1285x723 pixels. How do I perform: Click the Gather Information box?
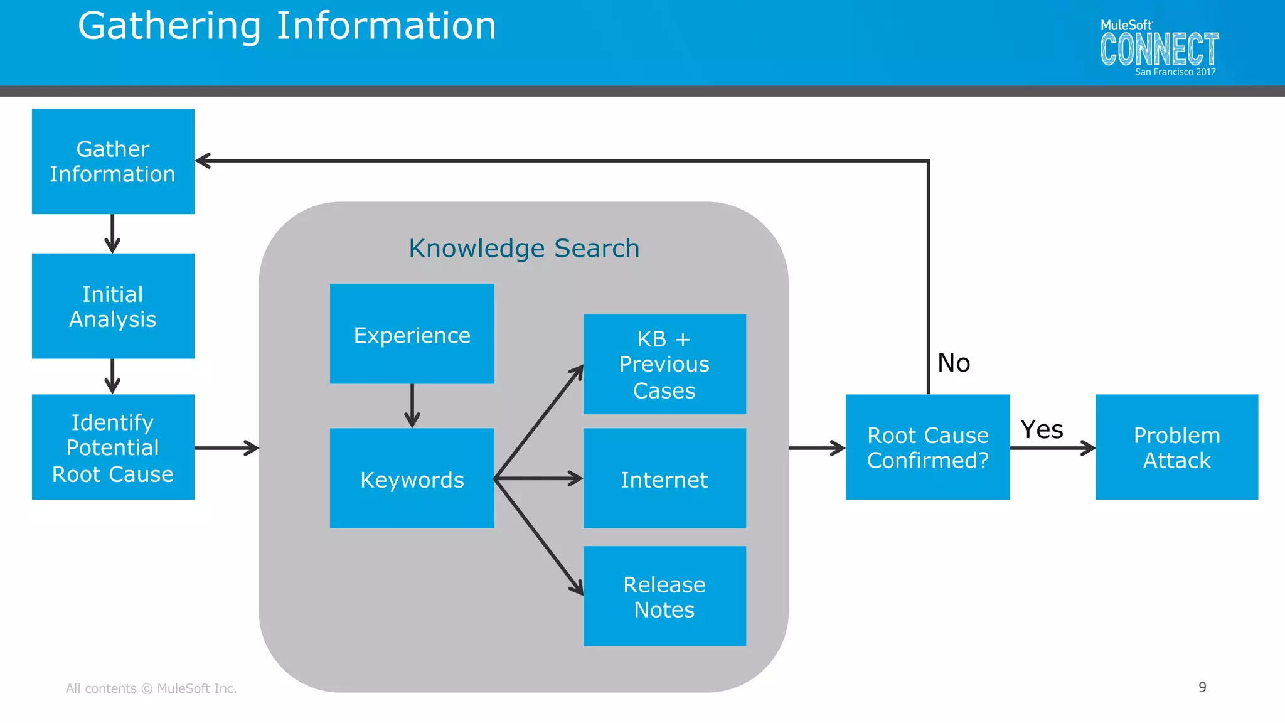[113, 161]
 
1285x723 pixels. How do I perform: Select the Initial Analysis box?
[113, 306]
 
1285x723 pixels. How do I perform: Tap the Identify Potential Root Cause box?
[113, 447]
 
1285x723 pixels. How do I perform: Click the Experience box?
[412, 334]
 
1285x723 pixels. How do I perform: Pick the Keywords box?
[412, 478]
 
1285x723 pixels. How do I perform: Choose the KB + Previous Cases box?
[664, 364]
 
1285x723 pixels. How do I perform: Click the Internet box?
[664, 478]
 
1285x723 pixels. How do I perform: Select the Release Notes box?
[664, 596]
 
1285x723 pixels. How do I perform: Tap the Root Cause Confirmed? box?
[927, 447]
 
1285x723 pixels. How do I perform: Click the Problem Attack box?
[1176, 447]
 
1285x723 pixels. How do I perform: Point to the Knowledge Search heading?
[524, 249]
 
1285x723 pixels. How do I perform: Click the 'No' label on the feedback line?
[953, 363]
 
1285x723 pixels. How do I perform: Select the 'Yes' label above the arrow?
[1042, 430]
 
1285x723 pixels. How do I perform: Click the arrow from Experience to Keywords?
[412, 405]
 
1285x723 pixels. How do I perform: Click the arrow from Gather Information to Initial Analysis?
[112, 233]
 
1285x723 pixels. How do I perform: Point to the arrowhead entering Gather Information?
[203, 161]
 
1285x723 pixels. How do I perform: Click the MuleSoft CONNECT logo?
[1158, 49]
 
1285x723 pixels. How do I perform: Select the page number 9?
[1202, 687]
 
